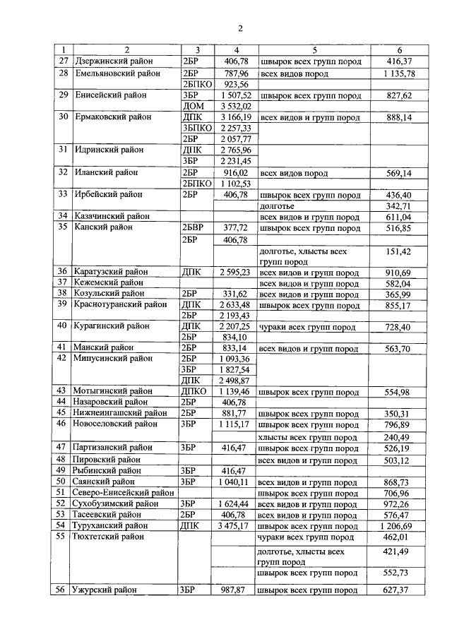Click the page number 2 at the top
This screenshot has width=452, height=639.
240,28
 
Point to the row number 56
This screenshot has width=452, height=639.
61,590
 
